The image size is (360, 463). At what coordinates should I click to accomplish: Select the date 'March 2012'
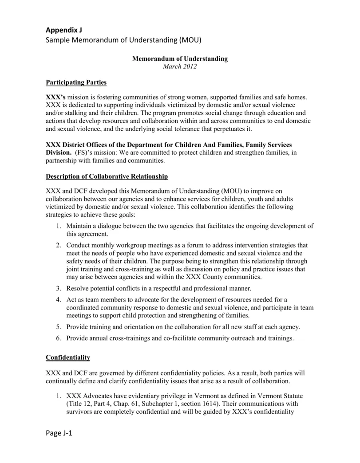point(180,67)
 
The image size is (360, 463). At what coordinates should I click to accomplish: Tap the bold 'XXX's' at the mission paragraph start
point(56,97)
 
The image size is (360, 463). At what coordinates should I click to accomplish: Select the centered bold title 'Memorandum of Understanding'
point(180,59)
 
